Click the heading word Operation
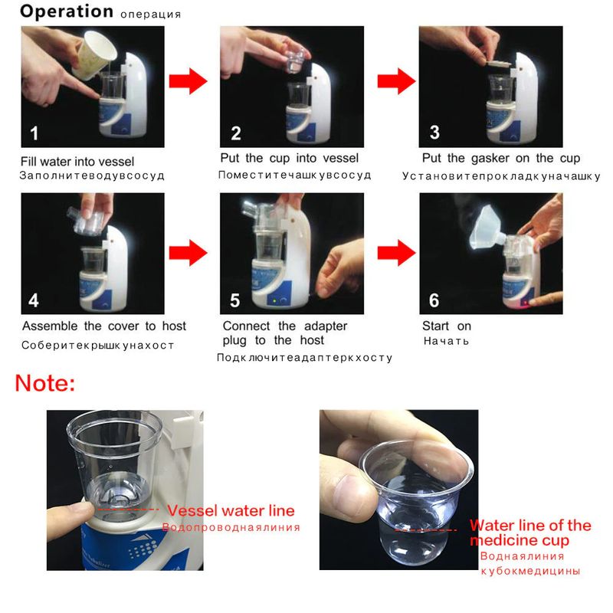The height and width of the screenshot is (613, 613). (x=67, y=11)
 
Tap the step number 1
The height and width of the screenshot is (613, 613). (x=34, y=133)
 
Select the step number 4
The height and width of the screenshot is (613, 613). (x=34, y=300)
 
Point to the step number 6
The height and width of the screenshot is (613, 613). (x=434, y=300)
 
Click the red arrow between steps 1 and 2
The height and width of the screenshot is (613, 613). (x=188, y=81)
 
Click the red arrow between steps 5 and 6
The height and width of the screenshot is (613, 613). (x=396, y=253)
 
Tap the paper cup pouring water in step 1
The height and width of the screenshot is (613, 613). (x=93, y=54)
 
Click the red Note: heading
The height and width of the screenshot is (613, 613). (x=45, y=383)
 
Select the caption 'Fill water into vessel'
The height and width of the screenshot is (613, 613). (x=77, y=162)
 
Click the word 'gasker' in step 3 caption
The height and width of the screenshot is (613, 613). (x=490, y=159)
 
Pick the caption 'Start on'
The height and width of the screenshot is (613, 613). (x=447, y=326)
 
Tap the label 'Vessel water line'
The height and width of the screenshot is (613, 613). (x=231, y=510)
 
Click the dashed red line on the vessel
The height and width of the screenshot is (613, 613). (x=128, y=510)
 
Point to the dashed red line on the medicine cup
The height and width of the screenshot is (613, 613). (x=425, y=530)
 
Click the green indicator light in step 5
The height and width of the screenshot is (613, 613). (x=275, y=301)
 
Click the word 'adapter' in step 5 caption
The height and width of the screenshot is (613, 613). (x=326, y=326)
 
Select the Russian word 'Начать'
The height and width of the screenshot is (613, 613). (x=446, y=341)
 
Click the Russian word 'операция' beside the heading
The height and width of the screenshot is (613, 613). (x=150, y=15)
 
